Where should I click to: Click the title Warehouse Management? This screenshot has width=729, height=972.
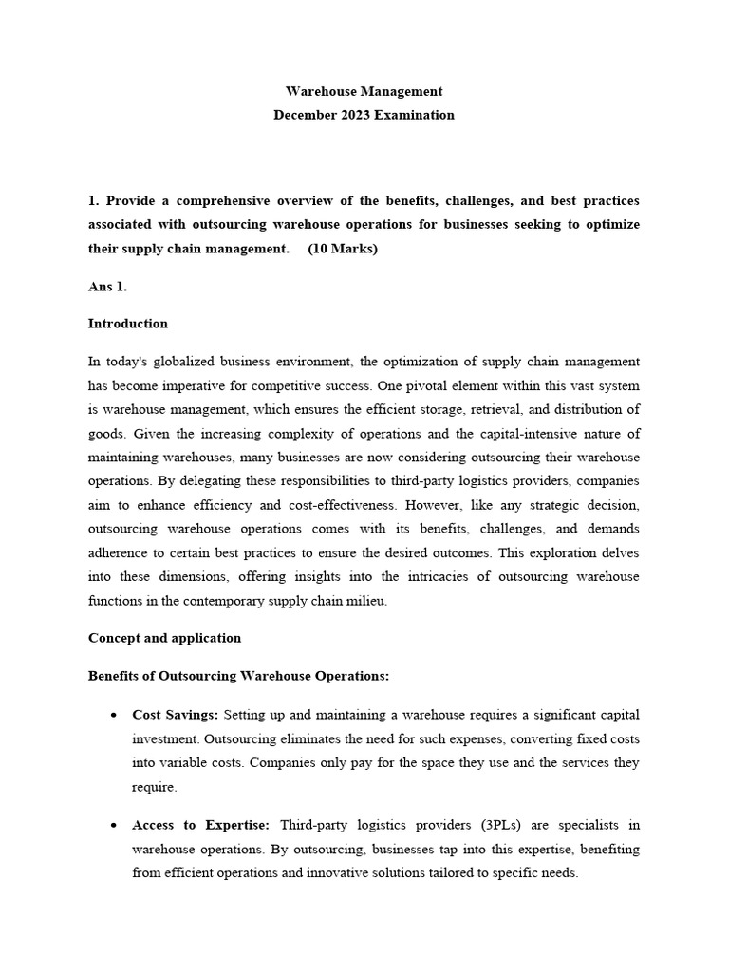tap(364, 91)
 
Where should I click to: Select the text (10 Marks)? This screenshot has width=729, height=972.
tap(343, 249)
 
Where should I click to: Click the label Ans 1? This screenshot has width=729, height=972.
tap(107, 286)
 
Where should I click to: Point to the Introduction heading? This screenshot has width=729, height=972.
tap(127, 324)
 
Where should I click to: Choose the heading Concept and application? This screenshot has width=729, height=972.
tap(164, 638)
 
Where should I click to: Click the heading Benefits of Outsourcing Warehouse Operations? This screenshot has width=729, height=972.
tap(238, 676)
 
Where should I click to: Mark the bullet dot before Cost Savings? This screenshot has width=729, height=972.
tap(114, 715)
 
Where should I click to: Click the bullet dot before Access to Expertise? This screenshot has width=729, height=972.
tap(114, 826)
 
